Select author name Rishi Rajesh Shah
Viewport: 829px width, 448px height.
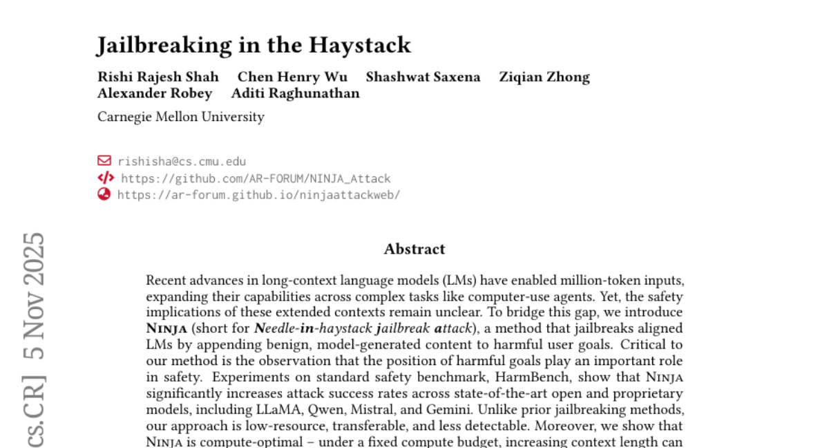(158, 77)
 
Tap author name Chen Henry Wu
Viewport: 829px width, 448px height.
(292, 77)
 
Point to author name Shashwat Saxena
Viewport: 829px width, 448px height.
(423, 77)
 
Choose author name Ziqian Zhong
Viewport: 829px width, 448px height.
(544, 77)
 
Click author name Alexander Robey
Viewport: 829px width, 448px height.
(155, 93)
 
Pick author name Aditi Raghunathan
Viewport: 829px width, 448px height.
(295, 93)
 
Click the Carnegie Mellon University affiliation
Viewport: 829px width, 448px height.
(181, 117)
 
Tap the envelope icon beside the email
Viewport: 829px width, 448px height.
(104, 161)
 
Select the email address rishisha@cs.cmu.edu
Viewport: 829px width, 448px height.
(182, 161)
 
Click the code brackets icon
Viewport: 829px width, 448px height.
(105, 178)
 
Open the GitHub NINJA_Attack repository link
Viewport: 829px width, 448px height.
(256, 178)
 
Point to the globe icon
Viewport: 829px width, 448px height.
(104, 194)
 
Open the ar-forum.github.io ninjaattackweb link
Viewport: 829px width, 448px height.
(258, 195)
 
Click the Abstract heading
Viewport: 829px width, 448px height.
(414, 250)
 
